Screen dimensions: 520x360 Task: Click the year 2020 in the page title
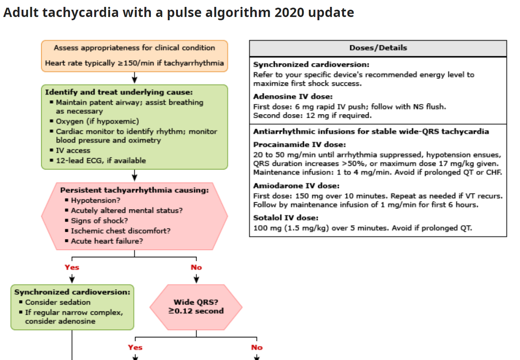click(x=289, y=12)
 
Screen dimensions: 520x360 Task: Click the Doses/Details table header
click(x=378, y=48)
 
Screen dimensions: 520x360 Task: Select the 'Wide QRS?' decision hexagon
click(x=196, y=307)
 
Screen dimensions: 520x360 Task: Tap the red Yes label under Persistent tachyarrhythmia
click(x=72, y=267)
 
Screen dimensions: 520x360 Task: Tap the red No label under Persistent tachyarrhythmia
click(x=196, y=267)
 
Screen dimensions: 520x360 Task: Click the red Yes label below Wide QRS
click(x=135, y=347)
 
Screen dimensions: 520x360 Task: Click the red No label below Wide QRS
click(x=257, y=347)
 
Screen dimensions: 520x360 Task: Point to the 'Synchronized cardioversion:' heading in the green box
click(x=72, y=292)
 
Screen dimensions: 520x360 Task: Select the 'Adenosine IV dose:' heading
click(x=293, y=97)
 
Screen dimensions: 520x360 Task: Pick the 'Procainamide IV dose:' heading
click(x=300, y=144)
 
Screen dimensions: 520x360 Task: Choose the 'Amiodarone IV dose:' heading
click(x=296, y=186)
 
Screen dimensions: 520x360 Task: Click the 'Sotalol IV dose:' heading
click(x=286, y=218)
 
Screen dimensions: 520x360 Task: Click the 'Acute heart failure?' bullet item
click(x=107, y=241)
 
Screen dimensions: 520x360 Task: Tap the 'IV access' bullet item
click(x=73, y=150)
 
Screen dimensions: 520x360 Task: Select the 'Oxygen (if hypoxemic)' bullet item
click(x=97, y=121)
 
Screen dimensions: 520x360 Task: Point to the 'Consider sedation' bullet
click(x=58, y=302)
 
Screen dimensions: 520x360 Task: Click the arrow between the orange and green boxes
click(x=135, y=78)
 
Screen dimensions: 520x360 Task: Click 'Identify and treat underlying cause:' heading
click(x=119, y=92)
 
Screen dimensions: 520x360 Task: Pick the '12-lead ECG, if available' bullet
click(x=101, y=161)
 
